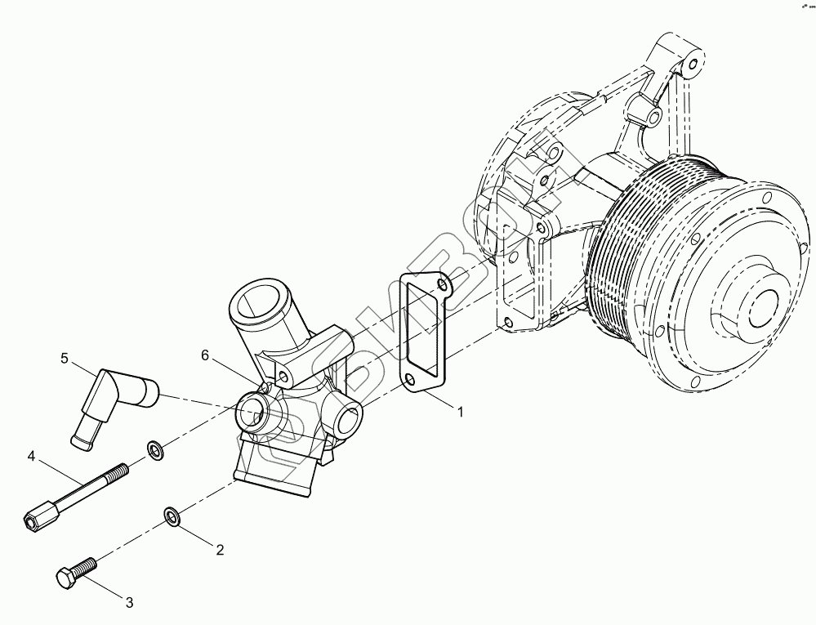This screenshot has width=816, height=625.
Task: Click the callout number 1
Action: point(460,412)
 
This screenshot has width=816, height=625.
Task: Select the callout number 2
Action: point(220,550)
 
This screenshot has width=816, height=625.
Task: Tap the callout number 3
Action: point(128,603)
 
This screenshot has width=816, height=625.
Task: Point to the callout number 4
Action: point(30,455)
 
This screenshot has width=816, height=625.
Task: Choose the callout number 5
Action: point(64,358)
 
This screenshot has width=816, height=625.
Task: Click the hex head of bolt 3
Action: point(66,578)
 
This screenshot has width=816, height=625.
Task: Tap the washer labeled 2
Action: point(172,515)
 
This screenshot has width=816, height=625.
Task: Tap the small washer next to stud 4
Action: point(154,449)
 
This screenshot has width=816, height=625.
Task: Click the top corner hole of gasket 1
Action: point(442,285)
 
